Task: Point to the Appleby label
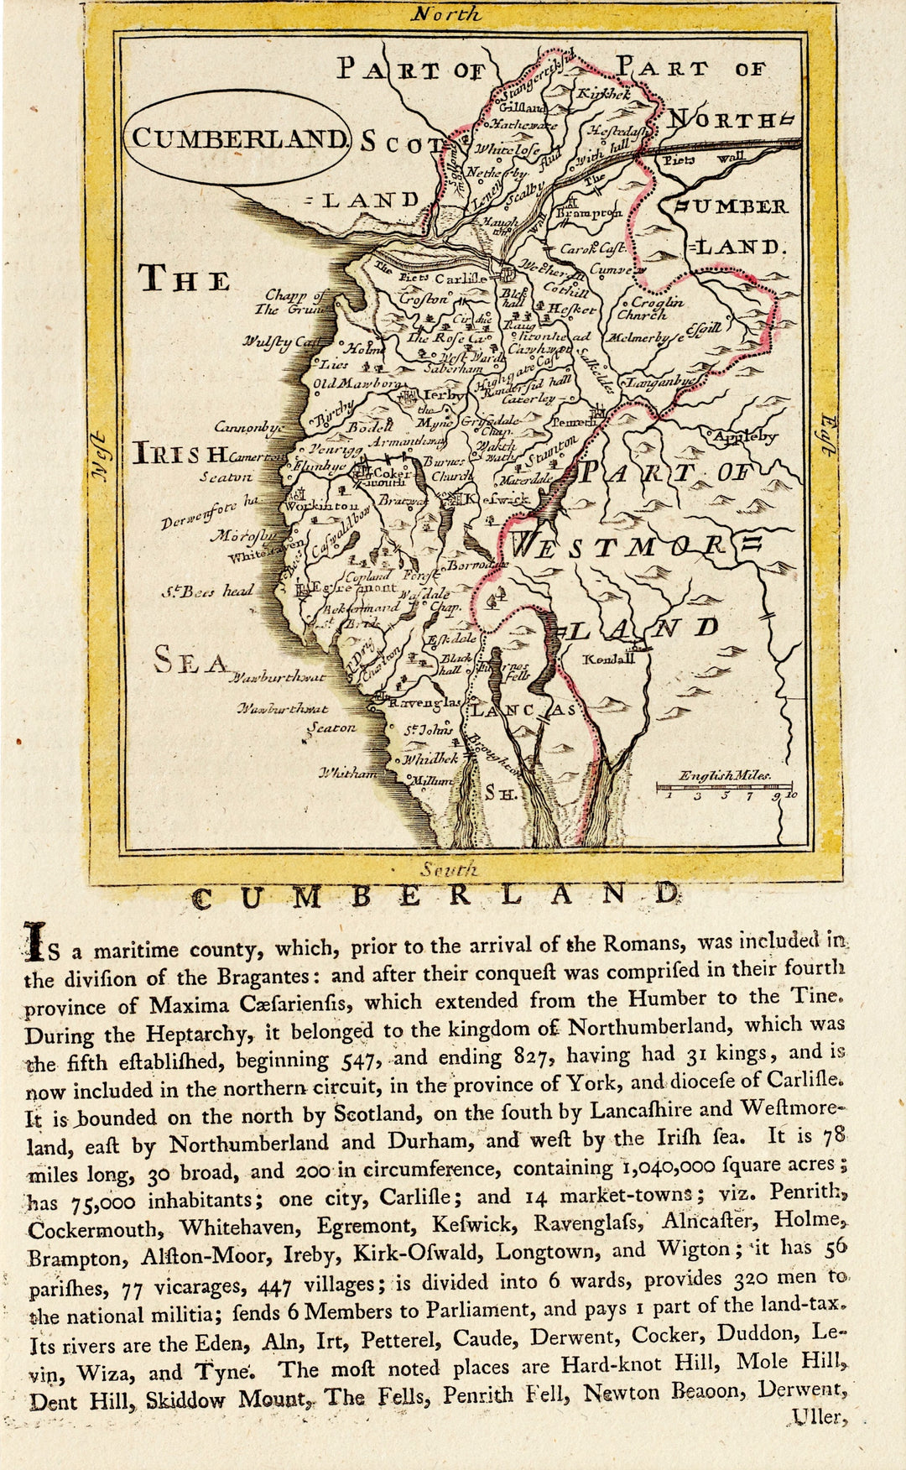[744, 436]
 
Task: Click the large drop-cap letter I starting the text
[34, 941]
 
